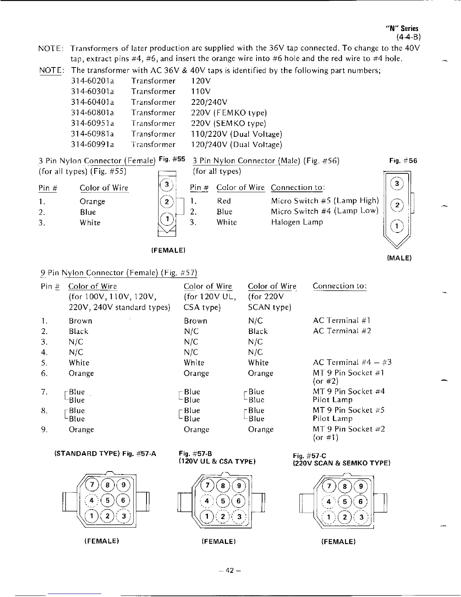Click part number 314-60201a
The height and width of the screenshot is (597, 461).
click(93, 81)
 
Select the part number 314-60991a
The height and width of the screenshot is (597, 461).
click(93, 144)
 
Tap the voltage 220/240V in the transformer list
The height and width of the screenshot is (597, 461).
click(209, 102)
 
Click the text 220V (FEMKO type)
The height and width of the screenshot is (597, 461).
click(229, 113)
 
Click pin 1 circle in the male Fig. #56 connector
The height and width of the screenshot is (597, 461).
click(397, 226)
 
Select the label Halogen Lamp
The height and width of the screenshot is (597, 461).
click(297, 222)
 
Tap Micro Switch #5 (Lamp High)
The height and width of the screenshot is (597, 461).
click(325, 201)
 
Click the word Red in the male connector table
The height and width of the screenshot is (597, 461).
click(224, 201)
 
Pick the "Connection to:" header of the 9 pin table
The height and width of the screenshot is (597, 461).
click(339, 286)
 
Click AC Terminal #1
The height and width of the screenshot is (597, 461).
click(342, 320)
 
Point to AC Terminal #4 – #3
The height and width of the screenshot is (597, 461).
click(352, 362)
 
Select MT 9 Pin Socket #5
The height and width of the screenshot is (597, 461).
click(349, 410)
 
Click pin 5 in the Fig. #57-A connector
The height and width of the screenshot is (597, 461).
click(108, 501)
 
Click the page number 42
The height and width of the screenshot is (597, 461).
click(230, 570)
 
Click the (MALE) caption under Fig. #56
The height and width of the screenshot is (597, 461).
click(399, 258)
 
